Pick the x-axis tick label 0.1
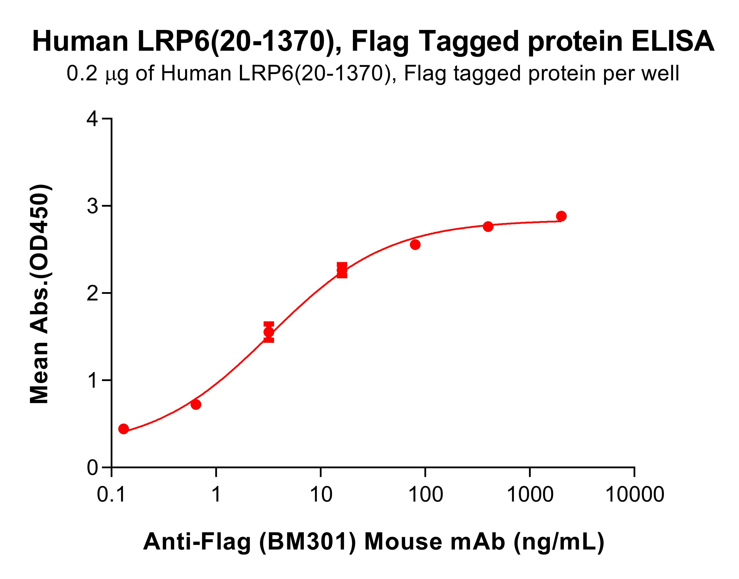(111, 495)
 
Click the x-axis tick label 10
(320, 495)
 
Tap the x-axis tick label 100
(425, 495)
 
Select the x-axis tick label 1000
(530, 495)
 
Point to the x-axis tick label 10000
(634, 495)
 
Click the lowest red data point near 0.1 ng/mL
(124, 429)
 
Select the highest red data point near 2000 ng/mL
(561, 216)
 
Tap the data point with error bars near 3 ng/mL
(269, 332)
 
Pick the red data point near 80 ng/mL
(415, 244)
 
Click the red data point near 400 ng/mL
(488, 226)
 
